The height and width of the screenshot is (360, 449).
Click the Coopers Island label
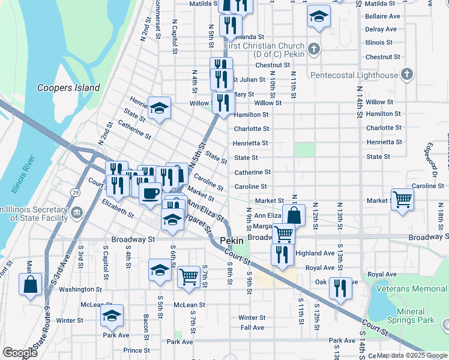point(68,88)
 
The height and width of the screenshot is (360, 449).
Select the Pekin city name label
point(231,241)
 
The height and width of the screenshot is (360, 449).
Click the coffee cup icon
point(150,193)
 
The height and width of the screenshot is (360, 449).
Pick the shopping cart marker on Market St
point(402,199)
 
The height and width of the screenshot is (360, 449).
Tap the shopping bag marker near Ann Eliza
point(294,215)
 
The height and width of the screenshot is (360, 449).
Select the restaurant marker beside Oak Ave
point(340,288)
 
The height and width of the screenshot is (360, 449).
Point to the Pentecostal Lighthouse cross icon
point(406,75)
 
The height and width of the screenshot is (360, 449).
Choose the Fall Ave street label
point(252,328)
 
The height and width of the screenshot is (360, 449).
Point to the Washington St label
point(76,289)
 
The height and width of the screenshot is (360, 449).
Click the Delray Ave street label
point(381,29)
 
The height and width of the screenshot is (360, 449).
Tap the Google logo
point(19,353)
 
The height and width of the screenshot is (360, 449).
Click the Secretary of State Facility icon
point(76,213)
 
